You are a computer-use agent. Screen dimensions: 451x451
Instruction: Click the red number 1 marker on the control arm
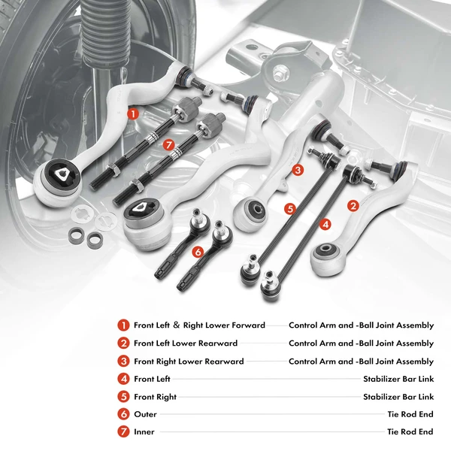(133, 114)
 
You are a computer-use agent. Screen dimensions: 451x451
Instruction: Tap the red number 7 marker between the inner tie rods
(169, 144)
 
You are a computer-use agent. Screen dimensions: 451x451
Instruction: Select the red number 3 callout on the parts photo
(298, 171)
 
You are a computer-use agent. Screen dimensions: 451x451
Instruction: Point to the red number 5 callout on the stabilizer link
(290, 207)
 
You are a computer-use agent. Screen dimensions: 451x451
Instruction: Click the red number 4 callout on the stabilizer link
(325, 223)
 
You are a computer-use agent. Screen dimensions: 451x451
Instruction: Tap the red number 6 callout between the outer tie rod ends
(198, 252)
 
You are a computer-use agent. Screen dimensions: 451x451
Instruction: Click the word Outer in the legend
(145, 414)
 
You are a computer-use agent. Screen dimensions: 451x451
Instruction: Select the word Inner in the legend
(144, 432)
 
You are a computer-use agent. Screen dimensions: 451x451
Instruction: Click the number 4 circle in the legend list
(123, 379)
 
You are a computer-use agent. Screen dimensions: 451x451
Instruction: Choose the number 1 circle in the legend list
(123, 325)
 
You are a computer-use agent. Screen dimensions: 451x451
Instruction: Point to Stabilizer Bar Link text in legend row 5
(398, 397)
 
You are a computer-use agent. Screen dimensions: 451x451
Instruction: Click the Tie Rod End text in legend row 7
(410, 432)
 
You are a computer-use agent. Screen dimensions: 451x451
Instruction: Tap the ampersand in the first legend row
(198, 325)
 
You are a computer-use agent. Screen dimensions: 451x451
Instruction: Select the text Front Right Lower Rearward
(189, 362)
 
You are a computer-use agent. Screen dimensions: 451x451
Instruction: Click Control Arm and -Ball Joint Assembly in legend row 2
(361, 344)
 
